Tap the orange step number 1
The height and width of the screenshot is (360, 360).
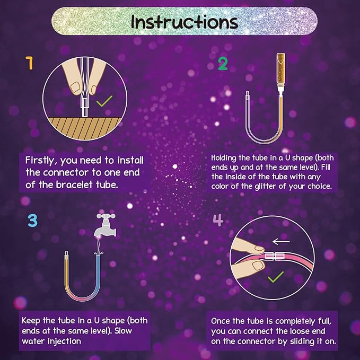(29, 64)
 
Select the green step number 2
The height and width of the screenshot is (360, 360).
(223, 64)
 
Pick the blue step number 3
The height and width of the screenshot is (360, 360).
(32, 220)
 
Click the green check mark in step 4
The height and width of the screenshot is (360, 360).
(275, 277)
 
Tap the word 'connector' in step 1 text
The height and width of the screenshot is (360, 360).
(69, 172)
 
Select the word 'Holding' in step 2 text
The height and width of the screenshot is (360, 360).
(226, 158)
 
